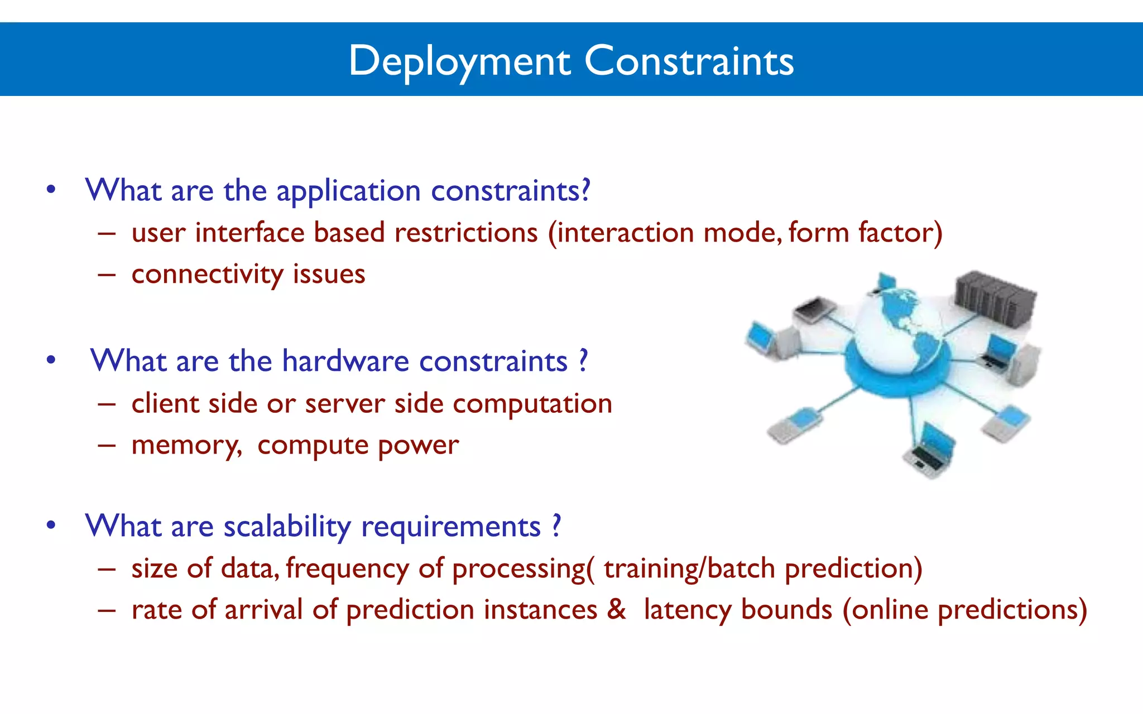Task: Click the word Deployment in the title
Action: point(459,61)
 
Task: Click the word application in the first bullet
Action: point(348,191)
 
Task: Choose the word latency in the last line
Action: point(688,610)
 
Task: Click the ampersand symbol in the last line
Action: point(616,609)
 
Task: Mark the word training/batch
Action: point(689,569)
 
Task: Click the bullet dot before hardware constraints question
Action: point(51,360)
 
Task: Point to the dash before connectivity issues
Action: point(107,275)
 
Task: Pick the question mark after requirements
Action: point(556,526)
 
